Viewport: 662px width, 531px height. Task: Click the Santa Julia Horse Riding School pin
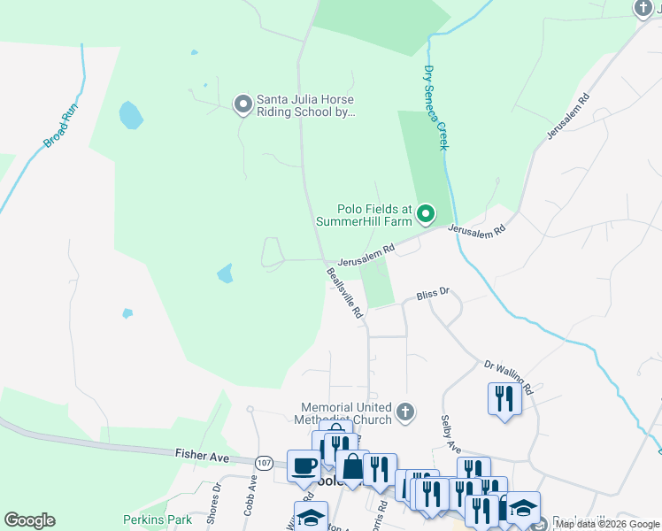coord(242,105)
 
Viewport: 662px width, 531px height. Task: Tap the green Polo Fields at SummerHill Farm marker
coord(426,213)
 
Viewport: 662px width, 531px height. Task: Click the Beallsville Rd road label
coord(345,293)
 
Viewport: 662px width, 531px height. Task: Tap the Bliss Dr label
coord(434,291)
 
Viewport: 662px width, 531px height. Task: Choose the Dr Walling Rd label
coord(508,377)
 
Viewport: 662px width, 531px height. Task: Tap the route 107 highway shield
coord(264,462)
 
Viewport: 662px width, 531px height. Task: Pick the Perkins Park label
coord(156,519)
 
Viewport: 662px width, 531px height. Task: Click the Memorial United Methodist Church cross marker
coord(405,411)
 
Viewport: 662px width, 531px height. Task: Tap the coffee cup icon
coord(304,464)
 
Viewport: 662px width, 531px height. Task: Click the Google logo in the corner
coord(29,519)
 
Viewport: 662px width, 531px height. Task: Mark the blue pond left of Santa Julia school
coord(131,114)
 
